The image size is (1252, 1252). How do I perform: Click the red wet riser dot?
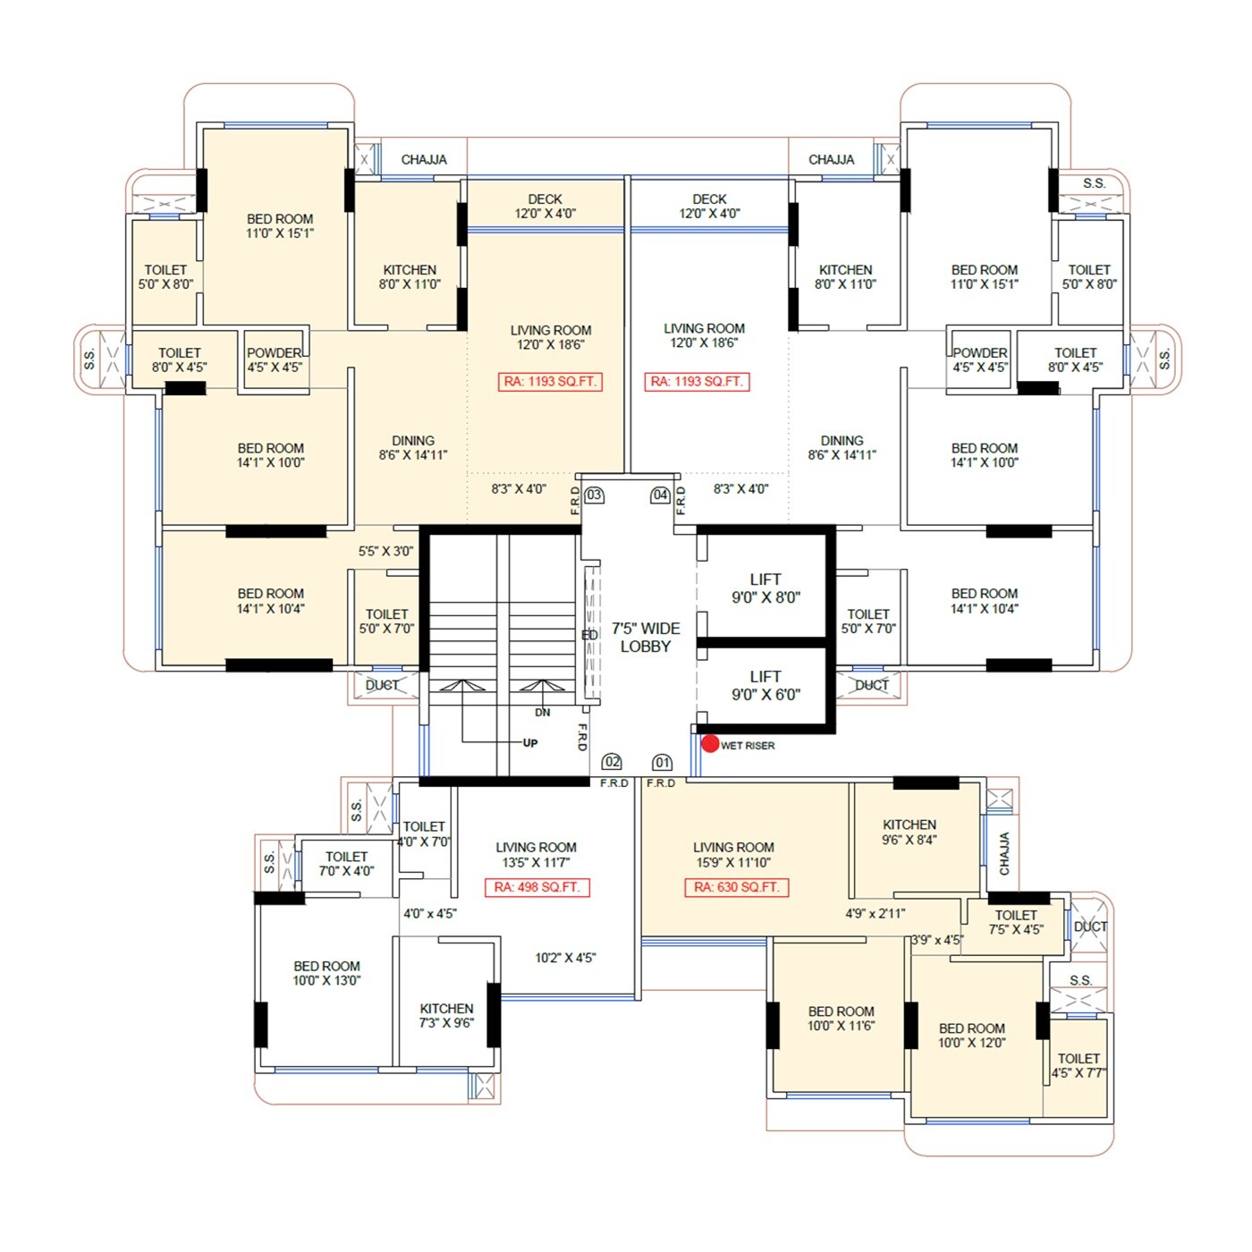click(710, 744)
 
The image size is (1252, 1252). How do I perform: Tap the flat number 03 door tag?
click(594, 495)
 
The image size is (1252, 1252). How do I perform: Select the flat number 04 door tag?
click(660, 495)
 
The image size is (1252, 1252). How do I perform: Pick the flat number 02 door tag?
click(612, 762)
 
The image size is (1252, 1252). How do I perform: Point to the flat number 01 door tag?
click(662, 763)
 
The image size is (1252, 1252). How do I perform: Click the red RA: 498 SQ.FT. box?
click(537, 887)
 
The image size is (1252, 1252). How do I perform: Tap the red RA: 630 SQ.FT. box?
click(737, 887)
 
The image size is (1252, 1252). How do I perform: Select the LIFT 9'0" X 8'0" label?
click(766, 588)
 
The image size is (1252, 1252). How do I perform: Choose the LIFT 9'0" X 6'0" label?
click(766, 686)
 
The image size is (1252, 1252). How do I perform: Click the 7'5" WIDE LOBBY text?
click(646, 638)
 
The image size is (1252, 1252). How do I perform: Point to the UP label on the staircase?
click(530, 743)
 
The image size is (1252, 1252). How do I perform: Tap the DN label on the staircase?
click(543, 713)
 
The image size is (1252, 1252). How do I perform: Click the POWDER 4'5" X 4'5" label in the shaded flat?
click(275, 360)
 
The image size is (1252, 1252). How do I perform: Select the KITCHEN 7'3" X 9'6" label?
click(446, 1016)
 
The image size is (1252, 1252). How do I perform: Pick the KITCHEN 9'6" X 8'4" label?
click(909, 833)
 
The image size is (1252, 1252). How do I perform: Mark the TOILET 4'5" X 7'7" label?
click(1079, 1065)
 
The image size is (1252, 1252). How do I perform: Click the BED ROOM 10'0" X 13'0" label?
click(326, 973)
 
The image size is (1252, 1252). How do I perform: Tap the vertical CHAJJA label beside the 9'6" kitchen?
click(1004, 854)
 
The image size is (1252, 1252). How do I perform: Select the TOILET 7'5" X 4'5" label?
click(1016, 922)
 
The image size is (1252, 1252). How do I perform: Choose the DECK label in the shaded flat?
click(545, 206)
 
